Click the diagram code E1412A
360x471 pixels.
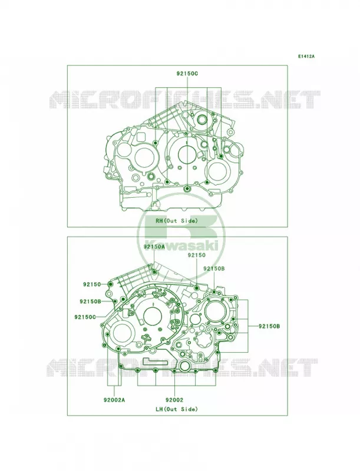point(306,56)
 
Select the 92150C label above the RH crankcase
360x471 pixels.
point(187,73)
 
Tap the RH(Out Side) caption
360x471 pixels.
point(177,221)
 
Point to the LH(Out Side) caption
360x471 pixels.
point(177,409)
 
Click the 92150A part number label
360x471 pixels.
point(154,247)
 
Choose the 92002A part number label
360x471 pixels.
point(114,400)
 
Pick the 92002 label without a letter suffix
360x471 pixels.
point(174,400)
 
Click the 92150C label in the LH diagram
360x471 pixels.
point(85,317)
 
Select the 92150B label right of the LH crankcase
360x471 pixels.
point(269,326)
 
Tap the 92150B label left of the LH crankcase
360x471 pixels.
point(91,301)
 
